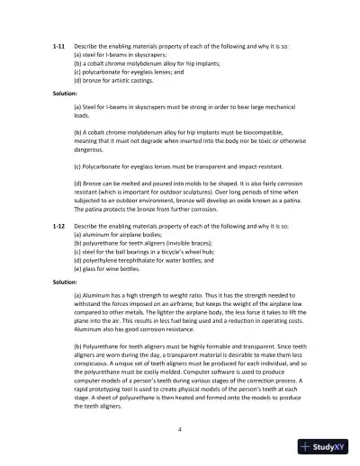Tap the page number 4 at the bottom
pyautogui.click(x=180, y=432)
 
